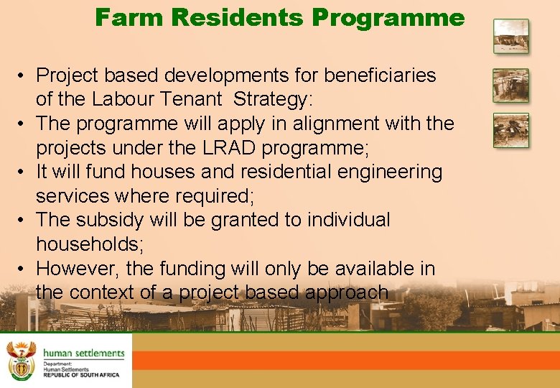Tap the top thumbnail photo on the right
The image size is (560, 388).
coord(510,36)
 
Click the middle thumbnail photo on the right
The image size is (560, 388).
coord(510,86)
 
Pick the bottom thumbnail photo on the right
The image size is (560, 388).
coord(510,130)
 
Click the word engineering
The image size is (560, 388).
coord(386,172)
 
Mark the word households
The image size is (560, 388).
coord(90,244)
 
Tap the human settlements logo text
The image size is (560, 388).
coord(83,353)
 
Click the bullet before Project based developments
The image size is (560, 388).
coord(24,75)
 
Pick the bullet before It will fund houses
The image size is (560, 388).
coord(24,172)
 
